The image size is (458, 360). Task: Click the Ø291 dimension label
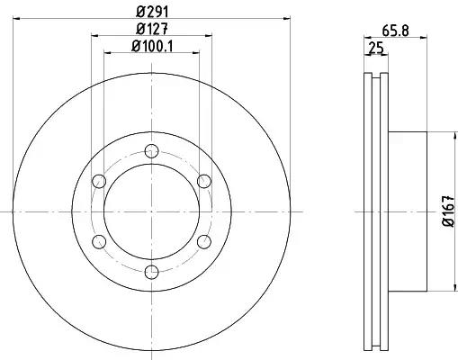click(x=152, y=12)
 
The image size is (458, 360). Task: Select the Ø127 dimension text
click(x=151, y=29)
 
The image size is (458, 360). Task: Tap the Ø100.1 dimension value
click(x=152, y=46)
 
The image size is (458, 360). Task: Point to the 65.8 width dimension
click(x=395, y=31)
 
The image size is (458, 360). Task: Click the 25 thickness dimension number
click(x=376, y=48)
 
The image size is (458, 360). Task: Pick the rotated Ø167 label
click(x=449, y=211)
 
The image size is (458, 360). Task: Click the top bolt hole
click(x=151, y=151)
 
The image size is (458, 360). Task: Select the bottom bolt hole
click(x=151, y=272)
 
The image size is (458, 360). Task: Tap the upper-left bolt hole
click(x=99, y=181)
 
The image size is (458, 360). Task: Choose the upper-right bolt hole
click(x=204, y=181)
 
